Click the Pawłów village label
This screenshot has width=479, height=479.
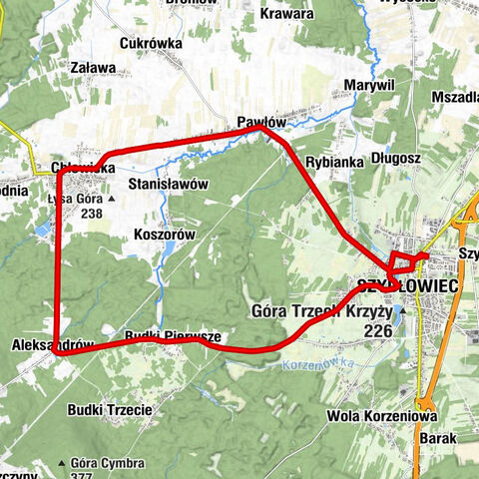point(261,121)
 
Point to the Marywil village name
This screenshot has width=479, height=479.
point(369,86)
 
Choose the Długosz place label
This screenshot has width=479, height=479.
point(396,157)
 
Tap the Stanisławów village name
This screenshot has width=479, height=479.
point(168,185)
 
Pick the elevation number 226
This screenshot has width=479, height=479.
point(377,329)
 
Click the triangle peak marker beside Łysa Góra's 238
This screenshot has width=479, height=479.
point(111,199)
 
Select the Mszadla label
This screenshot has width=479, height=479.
point(453,98)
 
